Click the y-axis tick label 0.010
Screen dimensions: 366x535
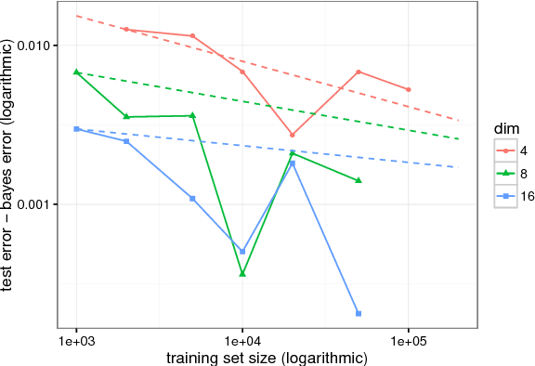(x=38, y=46)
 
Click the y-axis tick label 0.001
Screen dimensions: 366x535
(x=38, y=204)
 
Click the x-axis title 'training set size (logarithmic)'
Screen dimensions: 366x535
(x=267, y=357)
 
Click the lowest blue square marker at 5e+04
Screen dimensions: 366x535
(x=359, y=313)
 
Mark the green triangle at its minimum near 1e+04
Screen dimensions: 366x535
(x=242, y=273)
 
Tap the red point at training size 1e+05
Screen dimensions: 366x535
(x=409, y=89)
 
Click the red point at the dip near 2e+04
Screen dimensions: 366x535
(x=293, y=135)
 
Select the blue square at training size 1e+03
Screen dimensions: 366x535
(x=76, y=129)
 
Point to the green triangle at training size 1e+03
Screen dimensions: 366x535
(x=76, y=72)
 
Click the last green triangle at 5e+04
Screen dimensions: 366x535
(x=359, y=180)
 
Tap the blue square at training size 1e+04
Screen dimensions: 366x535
(x=242, y=252)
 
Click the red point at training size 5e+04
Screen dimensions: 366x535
(x=359, y=72)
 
